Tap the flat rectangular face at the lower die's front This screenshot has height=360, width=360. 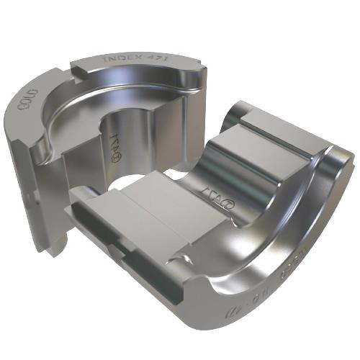click(x=158, y=216)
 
